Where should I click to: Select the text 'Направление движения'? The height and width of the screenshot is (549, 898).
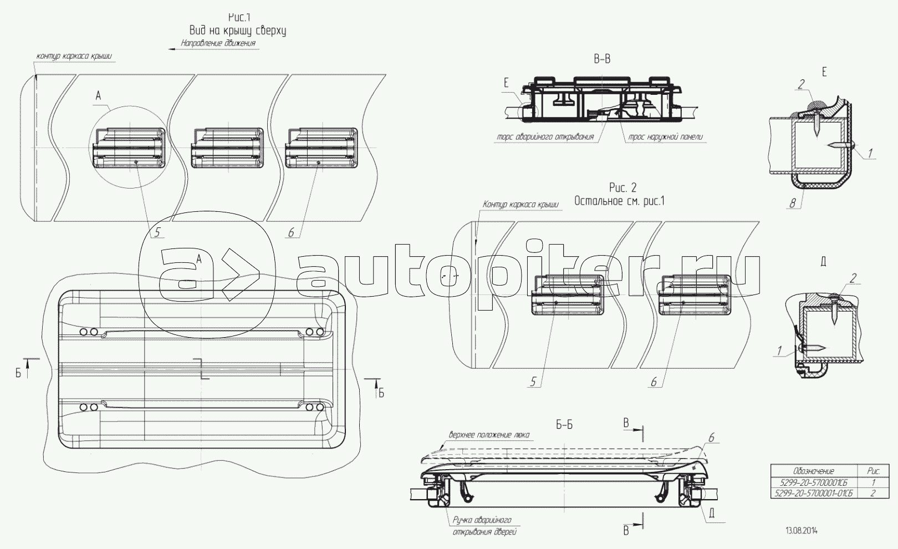pyautogui.click(x=218, y=43)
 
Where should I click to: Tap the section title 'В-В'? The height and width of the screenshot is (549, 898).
pyautogui.click(x=602, y=59)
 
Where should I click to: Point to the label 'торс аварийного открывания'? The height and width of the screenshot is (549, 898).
pyautogui.click(x=546, y=137)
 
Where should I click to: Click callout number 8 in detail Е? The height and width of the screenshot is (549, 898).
pyautogui.click(x=793, y=204)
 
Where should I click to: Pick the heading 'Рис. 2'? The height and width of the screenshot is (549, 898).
pyautogui.click(x=623, y=189)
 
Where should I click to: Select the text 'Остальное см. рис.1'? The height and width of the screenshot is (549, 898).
pyautogui.click(x=619, y=201)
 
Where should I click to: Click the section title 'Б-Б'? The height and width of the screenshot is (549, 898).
pyautogui.click(x=564, y=425)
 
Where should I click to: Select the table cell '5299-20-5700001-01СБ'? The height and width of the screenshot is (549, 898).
pyautogui.click(x=813, y=492)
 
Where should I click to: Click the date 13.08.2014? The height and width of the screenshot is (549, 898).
pyautogui.click(x=801, y=531)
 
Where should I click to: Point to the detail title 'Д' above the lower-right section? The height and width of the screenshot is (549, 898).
pyautogui.click(x=823, y=262)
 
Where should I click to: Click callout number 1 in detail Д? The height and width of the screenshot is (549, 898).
pyautogui.click(x=779, y=350)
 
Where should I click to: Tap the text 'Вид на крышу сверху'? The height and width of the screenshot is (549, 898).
pyautogui.click(x=238, y=30)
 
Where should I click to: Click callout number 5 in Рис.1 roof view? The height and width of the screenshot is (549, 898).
pyautogui.click(x=157, y=233)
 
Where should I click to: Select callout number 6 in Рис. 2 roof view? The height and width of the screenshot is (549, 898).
pyautogui.click(x=654, y=382)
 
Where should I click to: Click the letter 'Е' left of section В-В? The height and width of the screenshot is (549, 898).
pyautogui.click(x=506, y=84)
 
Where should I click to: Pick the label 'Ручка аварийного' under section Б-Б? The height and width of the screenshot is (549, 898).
pyautogui.click(x=482, y=521)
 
